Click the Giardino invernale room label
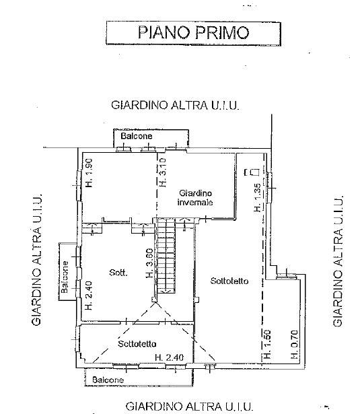(196, 197)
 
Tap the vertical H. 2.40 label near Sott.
(88, 296)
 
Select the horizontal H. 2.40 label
(168, 357)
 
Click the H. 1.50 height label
(267, 345)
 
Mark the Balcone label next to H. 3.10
(137, 136)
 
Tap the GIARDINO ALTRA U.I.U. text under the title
(176, 105)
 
